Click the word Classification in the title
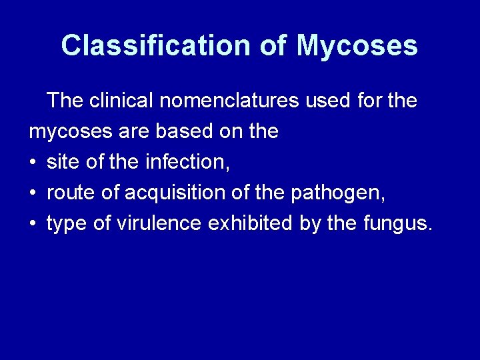(153, 46)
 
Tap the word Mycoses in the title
(357, 46)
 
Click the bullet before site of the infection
(33, 162)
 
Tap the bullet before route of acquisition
(33, 193)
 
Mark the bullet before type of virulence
(33, 223)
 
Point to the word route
(67, 193)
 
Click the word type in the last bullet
(65, 223)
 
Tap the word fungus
(398, 223)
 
